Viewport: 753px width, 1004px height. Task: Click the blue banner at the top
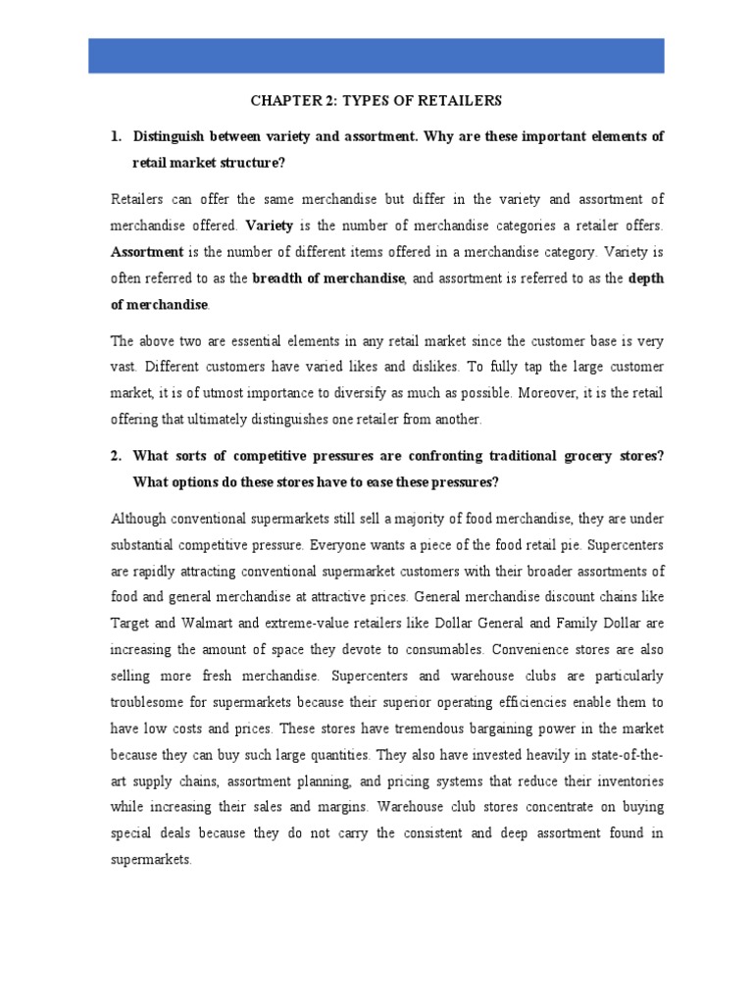tap(376, 55)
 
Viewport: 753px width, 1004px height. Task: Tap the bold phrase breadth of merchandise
tap(328, 278)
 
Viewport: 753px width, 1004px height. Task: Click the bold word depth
tap(645, 278)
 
